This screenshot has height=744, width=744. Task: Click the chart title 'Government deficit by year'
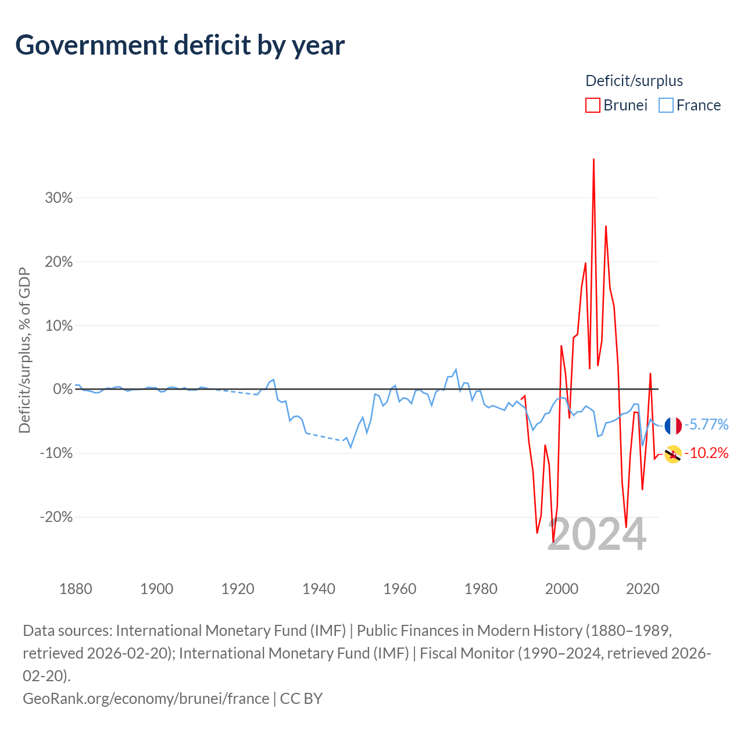click(180, 45)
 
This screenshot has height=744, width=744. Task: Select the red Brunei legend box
click(593, 105)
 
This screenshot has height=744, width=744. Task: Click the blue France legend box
click(666, 105)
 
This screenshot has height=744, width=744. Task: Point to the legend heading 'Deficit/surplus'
click(634, 81)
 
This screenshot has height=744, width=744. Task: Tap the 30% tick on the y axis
click(59, 198)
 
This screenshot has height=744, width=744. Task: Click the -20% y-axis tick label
click(56, 517)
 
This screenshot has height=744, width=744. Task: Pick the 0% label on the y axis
click(63, 389)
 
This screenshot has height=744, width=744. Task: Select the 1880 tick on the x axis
click(76, 589)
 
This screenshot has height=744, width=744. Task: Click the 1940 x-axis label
click(319, 589)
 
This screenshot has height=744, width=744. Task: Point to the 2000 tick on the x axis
click(561, 589)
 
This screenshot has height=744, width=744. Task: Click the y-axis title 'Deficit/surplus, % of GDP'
click(25, 350)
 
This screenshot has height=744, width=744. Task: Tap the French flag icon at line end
click(673, 426)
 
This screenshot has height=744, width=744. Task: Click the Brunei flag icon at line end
click(673, 454)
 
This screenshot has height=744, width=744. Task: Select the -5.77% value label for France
click(706, 425)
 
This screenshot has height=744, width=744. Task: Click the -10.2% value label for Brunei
click(706, 453)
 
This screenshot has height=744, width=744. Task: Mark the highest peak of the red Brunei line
click(593, 159)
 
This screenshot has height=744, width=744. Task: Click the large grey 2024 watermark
click(596, 534)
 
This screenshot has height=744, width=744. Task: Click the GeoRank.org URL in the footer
click(146, 699)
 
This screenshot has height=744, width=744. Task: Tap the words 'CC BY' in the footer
click(301, 699)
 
